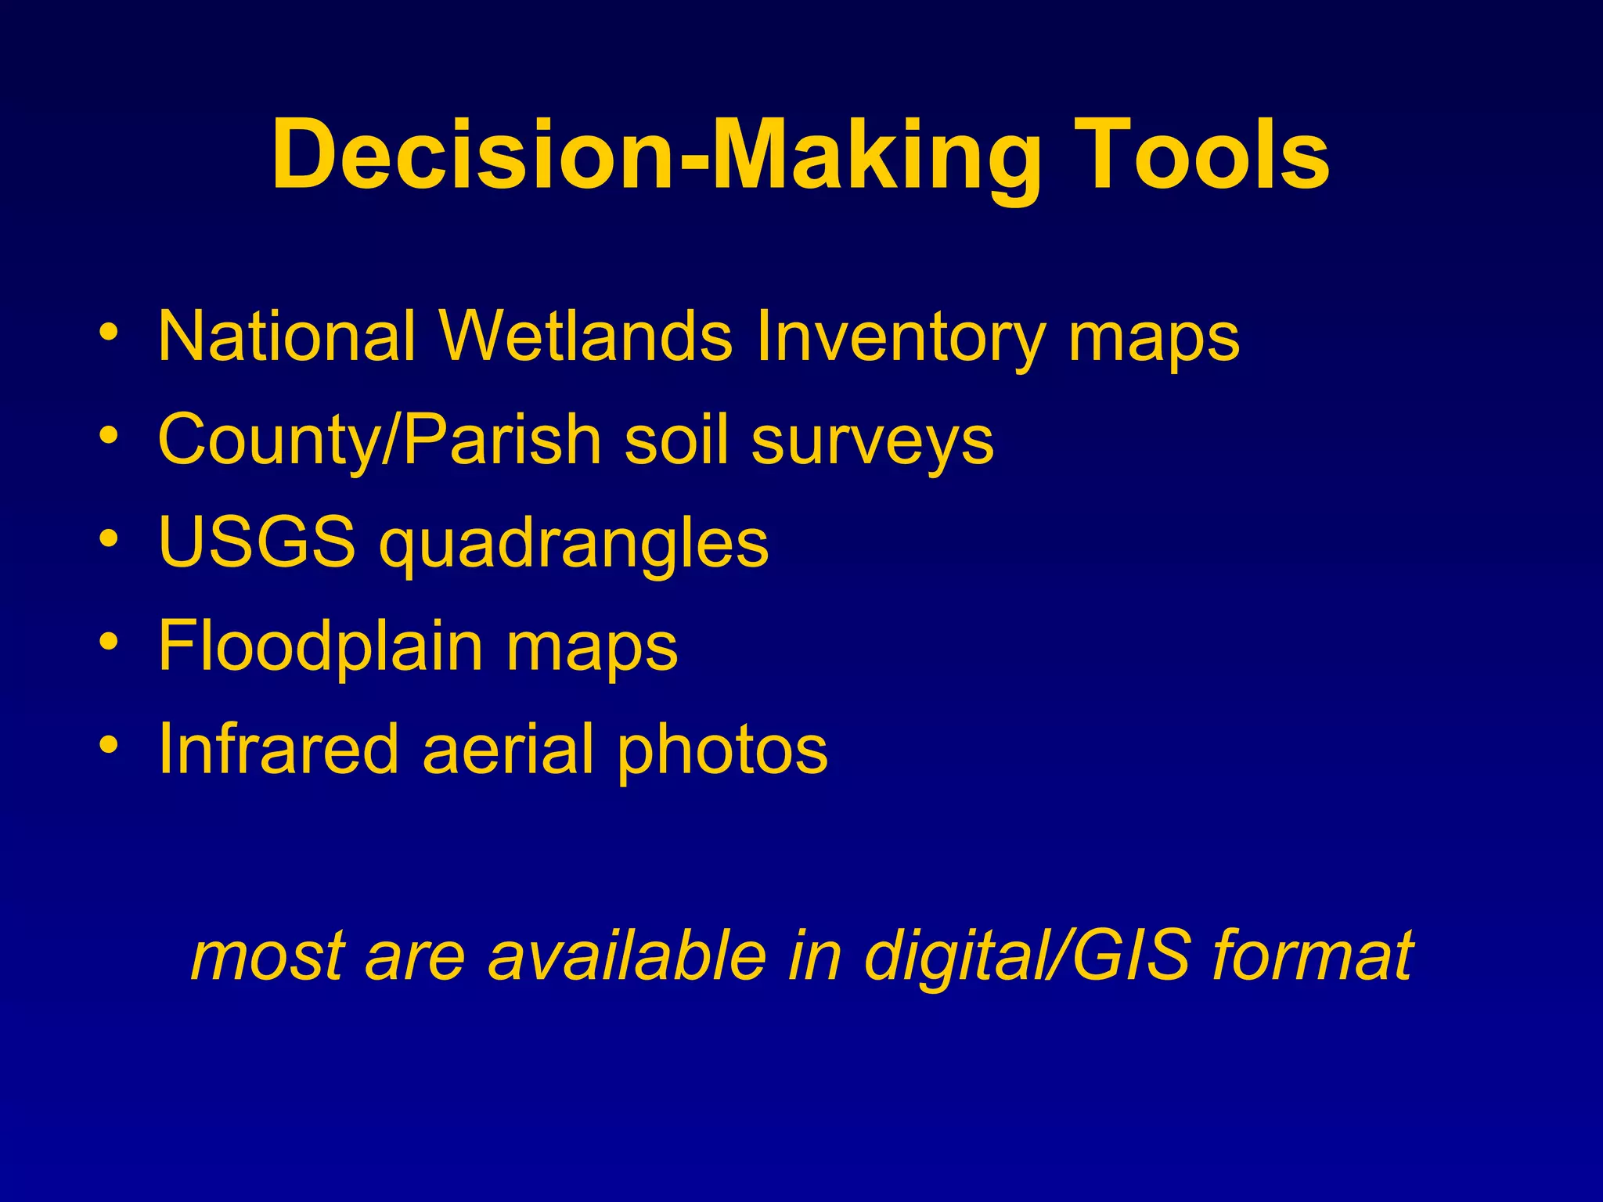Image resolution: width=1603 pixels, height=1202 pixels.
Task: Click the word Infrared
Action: [x=278, y=749]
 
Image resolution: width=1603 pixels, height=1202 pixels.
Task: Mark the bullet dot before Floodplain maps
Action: [x=110, y=642]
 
